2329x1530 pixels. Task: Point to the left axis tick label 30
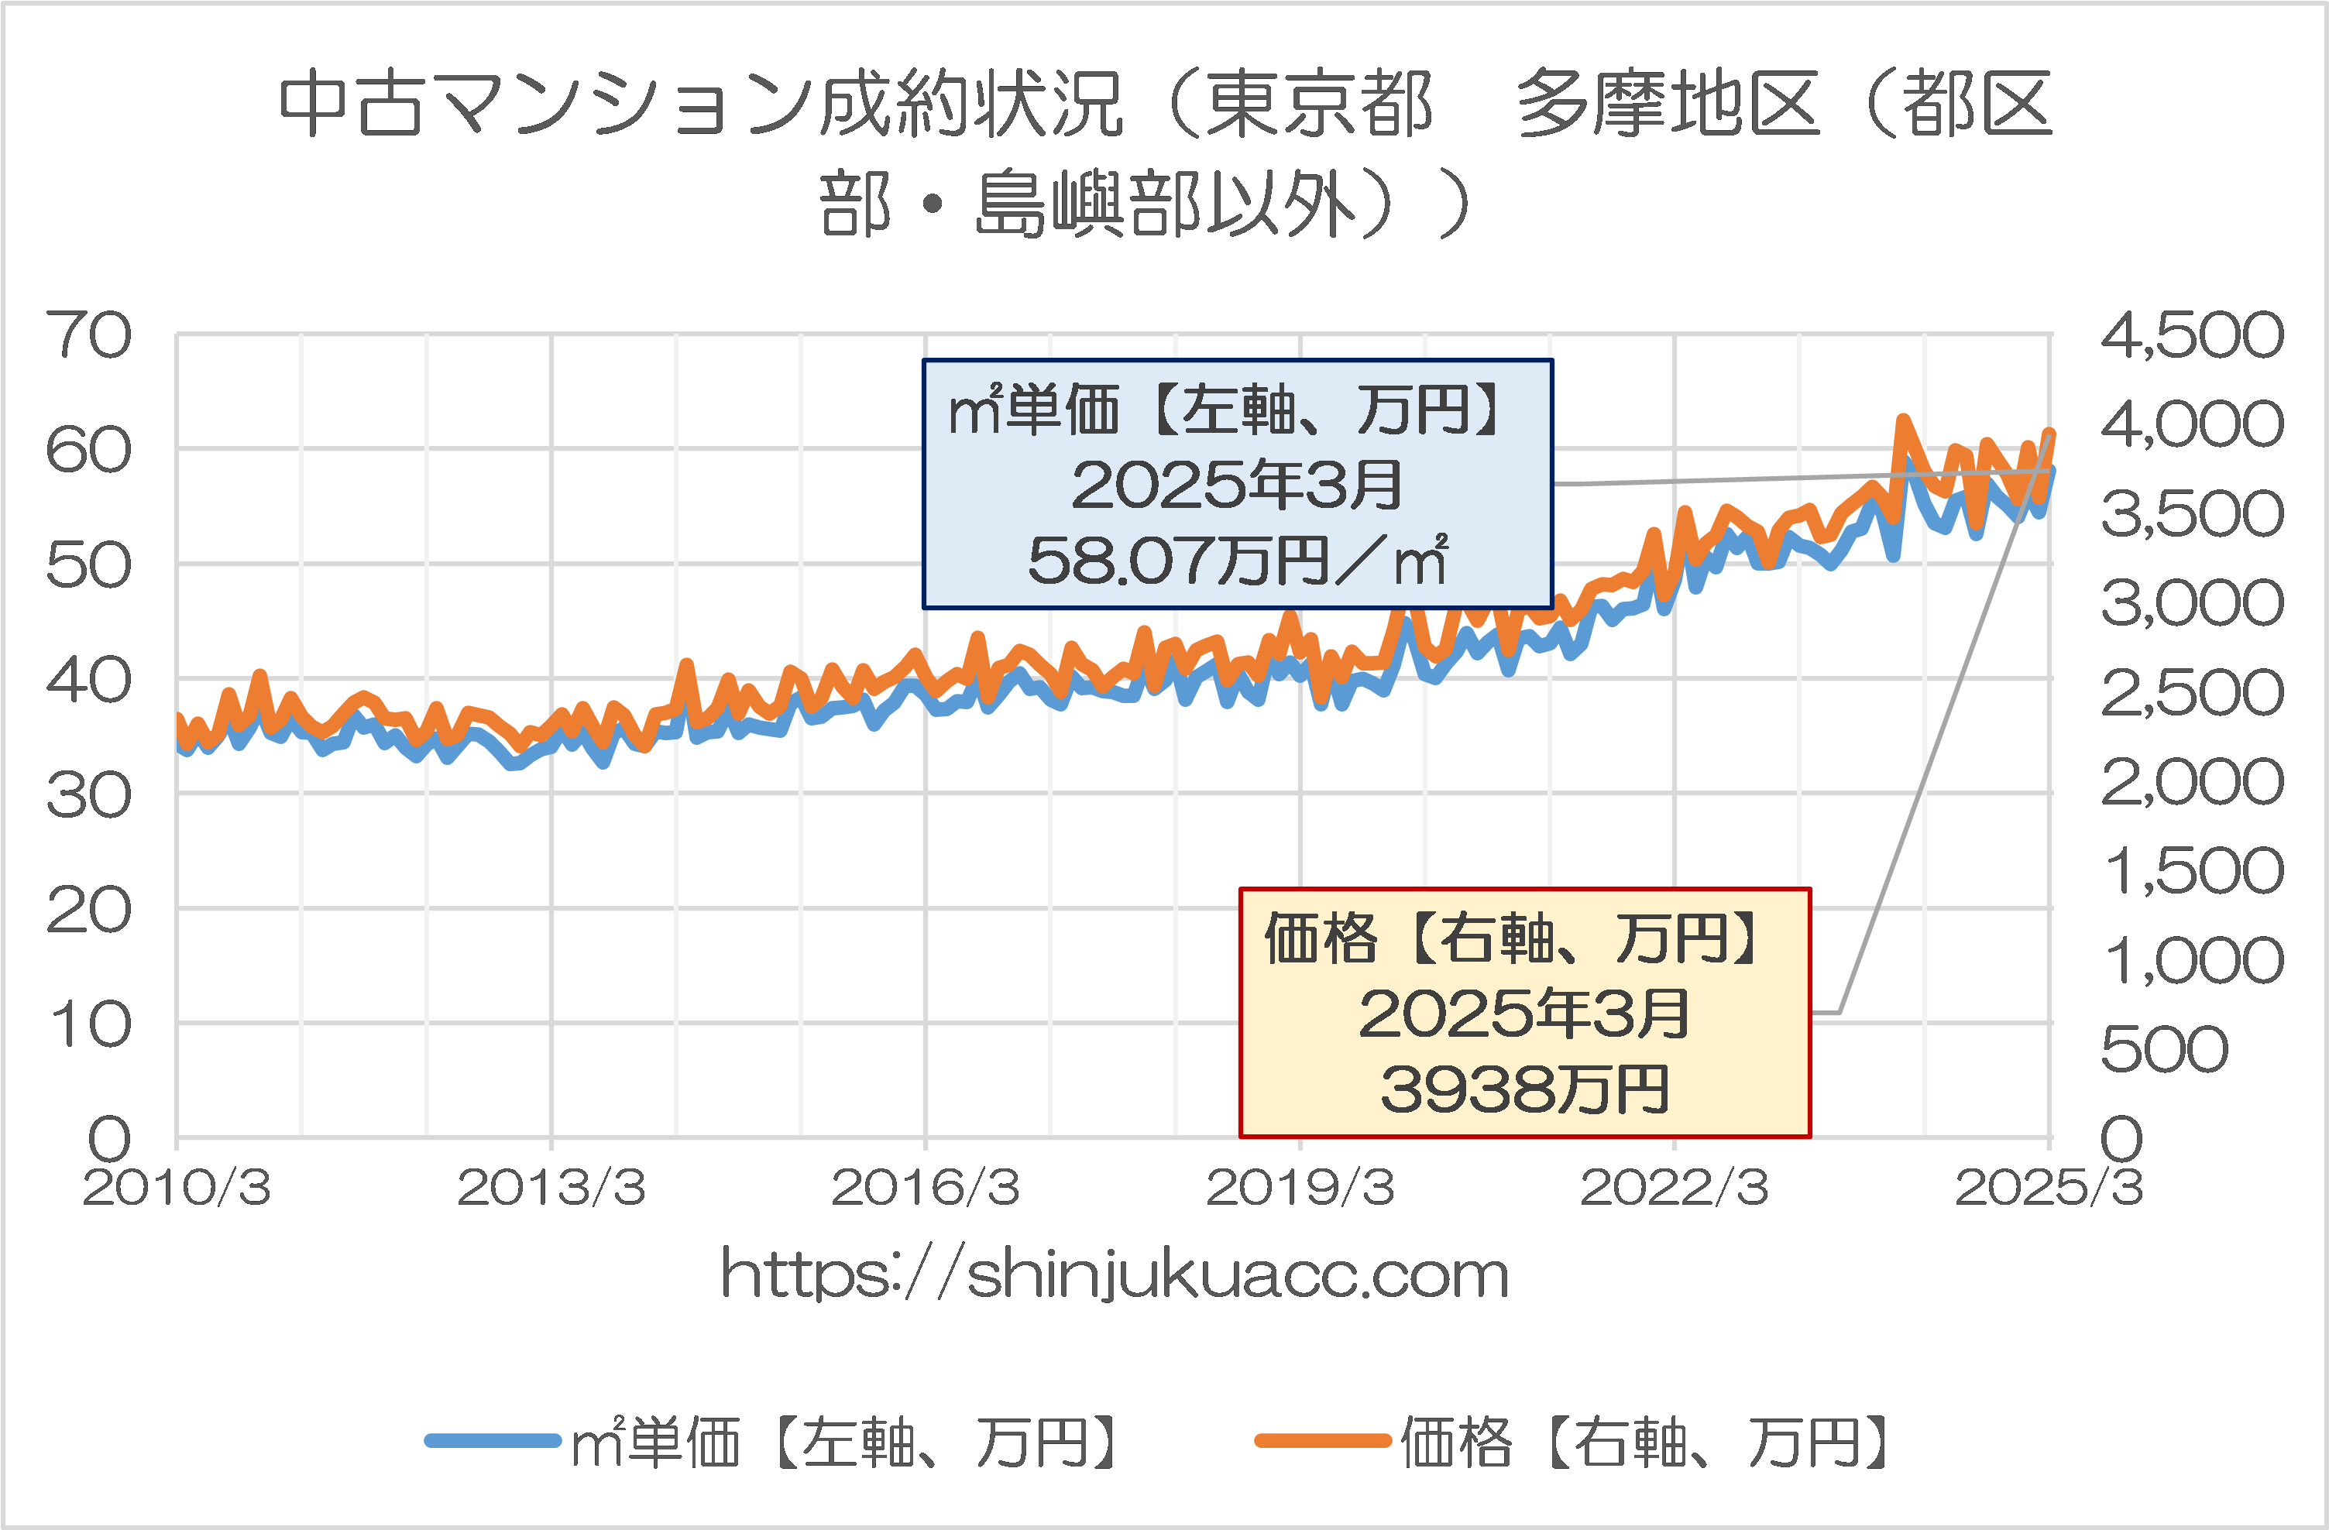(x=89, y=795)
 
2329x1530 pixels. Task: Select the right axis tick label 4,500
(x=2192, y=335)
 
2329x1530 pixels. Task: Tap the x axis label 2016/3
(x=926, y=1188)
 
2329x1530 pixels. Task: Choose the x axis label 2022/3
(x=1675, y=1188)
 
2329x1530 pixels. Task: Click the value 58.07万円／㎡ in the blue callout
(x=1237, y=561)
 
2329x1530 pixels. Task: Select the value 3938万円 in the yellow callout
(x=1524, y=1089)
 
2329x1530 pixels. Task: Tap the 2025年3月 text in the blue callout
(x=1237, y=485)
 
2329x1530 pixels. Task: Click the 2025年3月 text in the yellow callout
(x=1524, y=1014)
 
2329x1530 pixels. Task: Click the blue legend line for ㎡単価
(x=493, y=1440)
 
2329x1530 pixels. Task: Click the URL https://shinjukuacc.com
(x=1115, y=1274)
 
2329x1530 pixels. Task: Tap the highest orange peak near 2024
(x=1903, y=420)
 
